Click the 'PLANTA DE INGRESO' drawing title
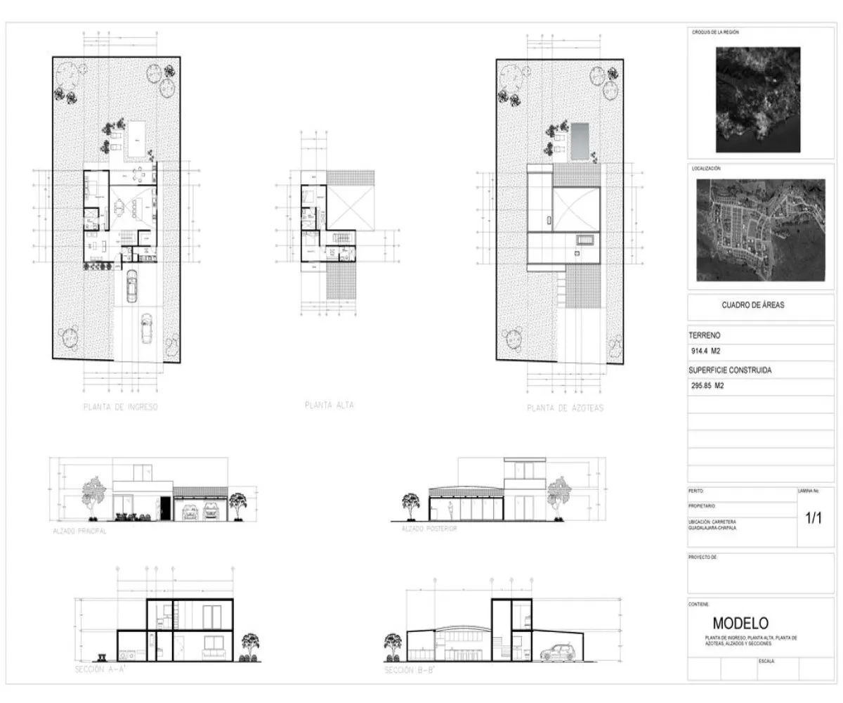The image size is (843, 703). [120, 407]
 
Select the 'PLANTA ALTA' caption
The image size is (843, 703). [329, 405]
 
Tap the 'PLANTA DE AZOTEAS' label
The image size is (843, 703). [565, 408]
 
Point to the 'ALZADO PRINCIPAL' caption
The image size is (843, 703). [79, 531]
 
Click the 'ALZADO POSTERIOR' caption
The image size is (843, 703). [429, 529]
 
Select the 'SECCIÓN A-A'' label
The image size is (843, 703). [100, 670]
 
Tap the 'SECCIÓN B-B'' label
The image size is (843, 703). [410, 671]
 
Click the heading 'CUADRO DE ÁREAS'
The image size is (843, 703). [752, 305]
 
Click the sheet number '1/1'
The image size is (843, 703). [813, 519]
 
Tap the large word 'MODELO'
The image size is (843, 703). [740, 623]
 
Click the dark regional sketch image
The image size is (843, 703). [758, 99]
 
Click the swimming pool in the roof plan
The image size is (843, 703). [580, 141]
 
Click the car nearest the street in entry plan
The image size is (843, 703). [146, 328]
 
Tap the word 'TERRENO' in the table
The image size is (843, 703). [705, 336]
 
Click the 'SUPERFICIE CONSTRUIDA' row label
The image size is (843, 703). [731, 370]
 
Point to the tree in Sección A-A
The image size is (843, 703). [250, 646]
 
